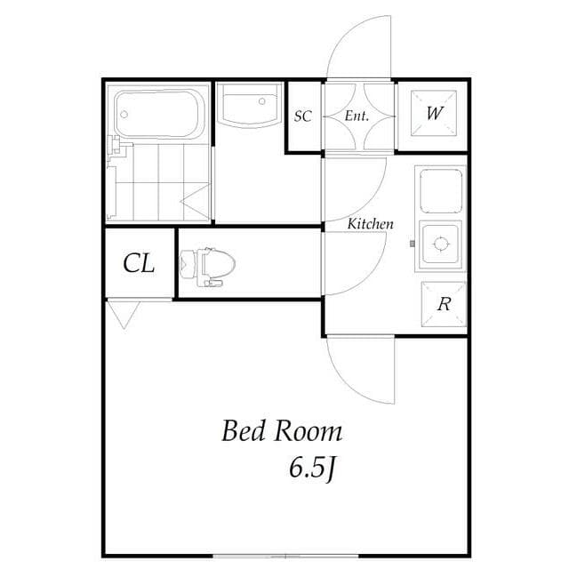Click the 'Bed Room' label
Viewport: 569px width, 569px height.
[281, 432]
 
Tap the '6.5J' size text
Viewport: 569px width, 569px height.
[311, 467]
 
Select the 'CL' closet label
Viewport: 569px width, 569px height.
[139, 263]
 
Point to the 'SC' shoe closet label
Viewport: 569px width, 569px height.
[303, 116]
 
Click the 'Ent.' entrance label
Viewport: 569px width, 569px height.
[357, 116]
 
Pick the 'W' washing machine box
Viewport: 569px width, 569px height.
[433, 114]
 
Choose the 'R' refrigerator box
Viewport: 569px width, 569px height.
[442, 304]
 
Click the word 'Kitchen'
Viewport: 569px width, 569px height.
[370, 224]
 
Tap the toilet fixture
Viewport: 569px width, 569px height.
[208, 265]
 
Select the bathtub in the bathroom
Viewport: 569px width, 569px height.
[160, 113]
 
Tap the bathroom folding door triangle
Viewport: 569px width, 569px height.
[197, 203]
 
